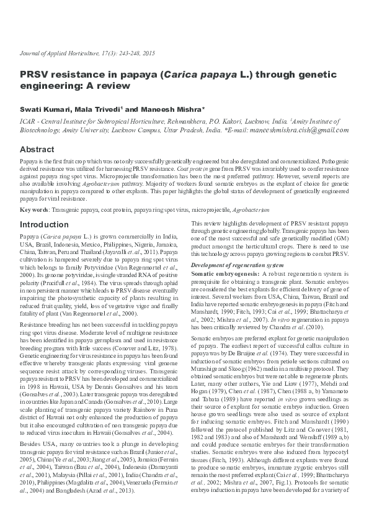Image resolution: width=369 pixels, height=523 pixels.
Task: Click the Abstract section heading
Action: pyautogui.click(x=37, y=150)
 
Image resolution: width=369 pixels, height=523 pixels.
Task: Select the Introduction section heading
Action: pyautogui.click(x=44, y=224)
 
